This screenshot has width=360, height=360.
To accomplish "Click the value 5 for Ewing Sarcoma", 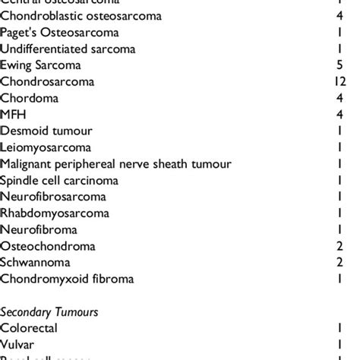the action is [350, 65].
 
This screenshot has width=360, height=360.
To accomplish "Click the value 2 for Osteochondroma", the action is [350, 247].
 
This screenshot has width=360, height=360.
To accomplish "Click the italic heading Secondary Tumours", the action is [49, 311].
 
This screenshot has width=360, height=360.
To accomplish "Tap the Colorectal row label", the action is [29, 328].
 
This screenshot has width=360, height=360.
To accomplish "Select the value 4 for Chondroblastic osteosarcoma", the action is [350, 15].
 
